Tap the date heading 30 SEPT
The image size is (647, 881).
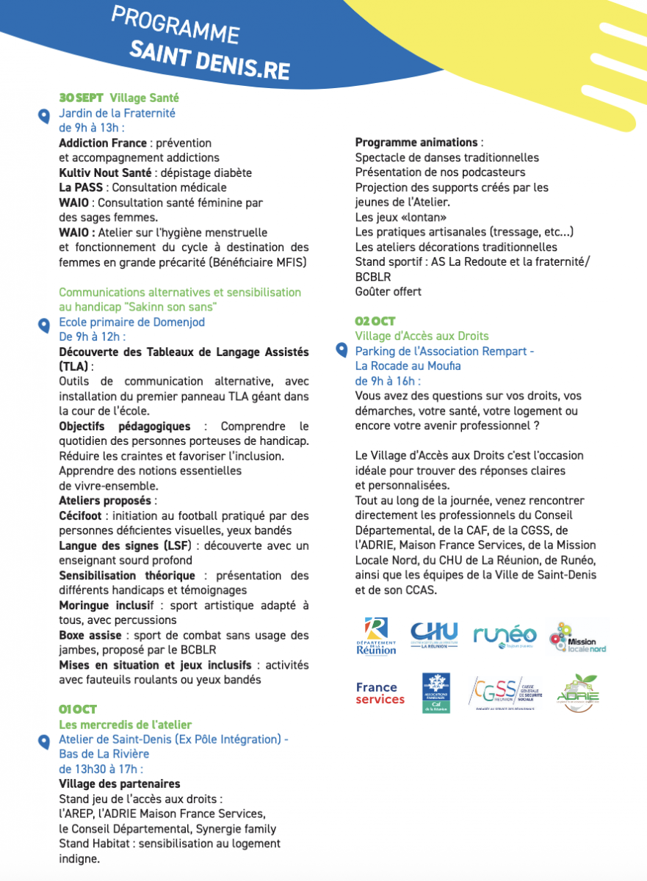(81, 98)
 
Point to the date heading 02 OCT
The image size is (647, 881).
(375, 321)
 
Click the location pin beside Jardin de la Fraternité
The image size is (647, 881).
(44, 115)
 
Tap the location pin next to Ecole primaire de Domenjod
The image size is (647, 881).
(44, 324)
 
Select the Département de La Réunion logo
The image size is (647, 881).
(376, 636)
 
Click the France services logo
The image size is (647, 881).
(380, 693)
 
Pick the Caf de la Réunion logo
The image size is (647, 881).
(436, 693)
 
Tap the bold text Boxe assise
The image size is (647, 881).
(91, 636)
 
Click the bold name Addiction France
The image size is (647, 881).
(103, 143)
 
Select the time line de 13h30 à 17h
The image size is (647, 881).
(101, 769)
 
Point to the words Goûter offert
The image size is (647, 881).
(388, 291)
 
